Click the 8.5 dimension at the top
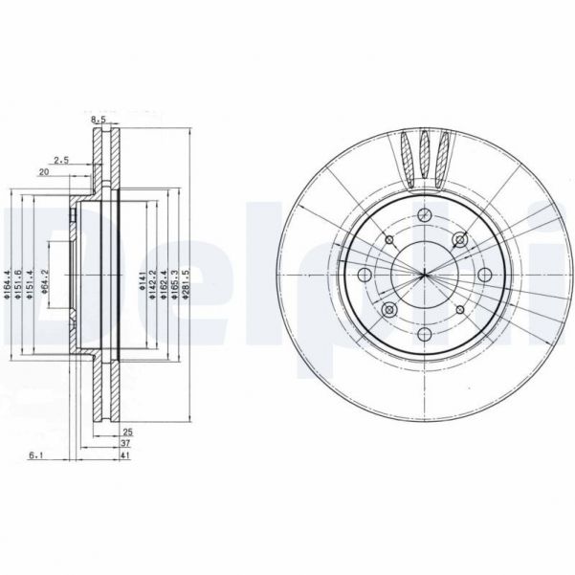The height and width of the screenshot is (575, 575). [98, 120]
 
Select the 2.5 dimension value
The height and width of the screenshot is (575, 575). [62, 160]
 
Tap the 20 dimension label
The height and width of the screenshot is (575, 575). [43, 173]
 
